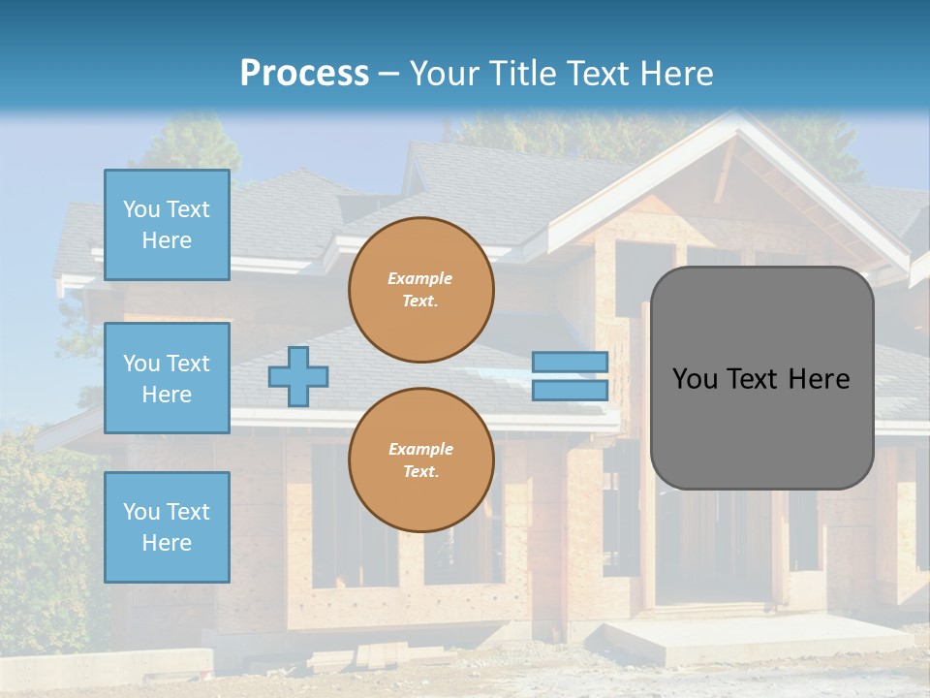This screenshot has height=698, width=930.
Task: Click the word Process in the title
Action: (304, 74)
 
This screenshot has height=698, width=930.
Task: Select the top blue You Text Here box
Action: (167, 225)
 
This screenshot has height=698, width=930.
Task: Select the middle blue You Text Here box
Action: (167, 378)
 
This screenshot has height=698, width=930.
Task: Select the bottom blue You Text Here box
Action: (167, 527)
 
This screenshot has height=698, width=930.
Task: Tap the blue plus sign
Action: (298, 376)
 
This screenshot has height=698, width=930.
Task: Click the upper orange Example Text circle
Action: (420, 290)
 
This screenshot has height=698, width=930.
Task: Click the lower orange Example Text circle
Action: (420, 460)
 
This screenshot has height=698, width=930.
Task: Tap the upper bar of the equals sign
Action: (571, 362)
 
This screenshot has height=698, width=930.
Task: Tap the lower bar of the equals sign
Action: (571, 391)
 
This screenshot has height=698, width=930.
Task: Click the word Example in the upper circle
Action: (420, 279)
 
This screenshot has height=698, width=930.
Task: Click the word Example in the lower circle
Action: (420, 450)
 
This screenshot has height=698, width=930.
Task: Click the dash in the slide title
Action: (389, 75)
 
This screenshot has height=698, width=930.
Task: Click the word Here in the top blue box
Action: (167, 240)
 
